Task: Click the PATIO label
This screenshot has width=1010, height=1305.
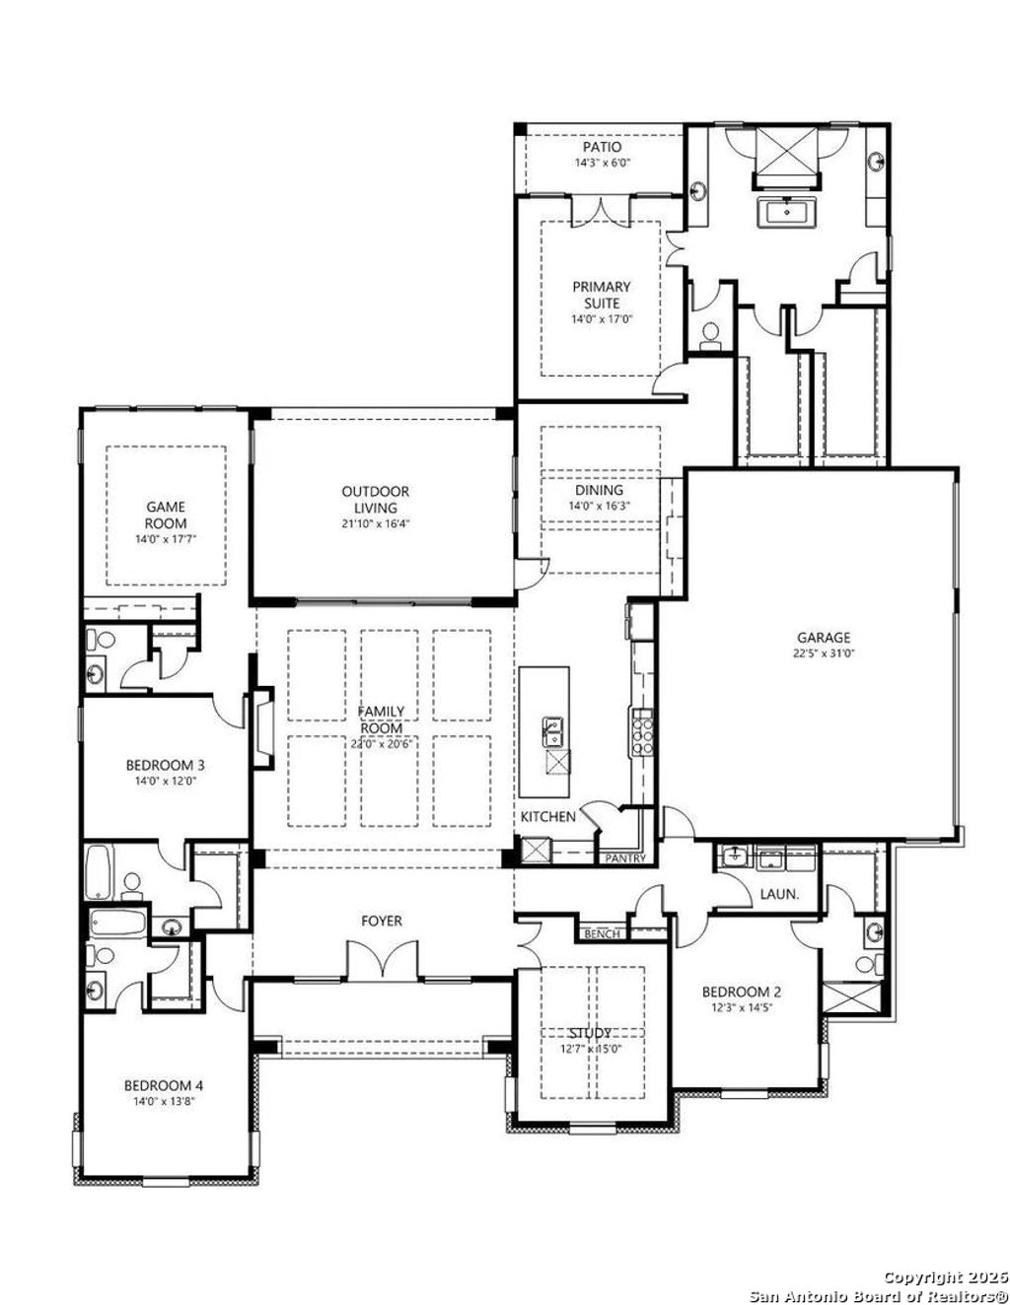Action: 602,147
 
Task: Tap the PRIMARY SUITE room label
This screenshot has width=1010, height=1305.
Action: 602,295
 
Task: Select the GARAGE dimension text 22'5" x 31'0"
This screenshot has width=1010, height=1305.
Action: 824,652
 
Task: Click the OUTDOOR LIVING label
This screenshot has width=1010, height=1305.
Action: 376,499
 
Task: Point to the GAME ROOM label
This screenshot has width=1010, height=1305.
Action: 166,515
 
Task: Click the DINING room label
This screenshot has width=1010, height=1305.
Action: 600,490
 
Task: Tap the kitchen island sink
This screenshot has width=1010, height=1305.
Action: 552,731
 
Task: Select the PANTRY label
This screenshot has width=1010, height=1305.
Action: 624,859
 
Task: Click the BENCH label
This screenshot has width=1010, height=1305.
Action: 602,933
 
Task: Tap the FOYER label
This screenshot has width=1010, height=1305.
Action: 382,921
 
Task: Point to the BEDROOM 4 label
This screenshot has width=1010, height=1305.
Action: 165,1085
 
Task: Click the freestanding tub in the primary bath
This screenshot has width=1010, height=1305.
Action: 786,212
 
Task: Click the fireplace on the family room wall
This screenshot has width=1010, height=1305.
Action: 263,728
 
